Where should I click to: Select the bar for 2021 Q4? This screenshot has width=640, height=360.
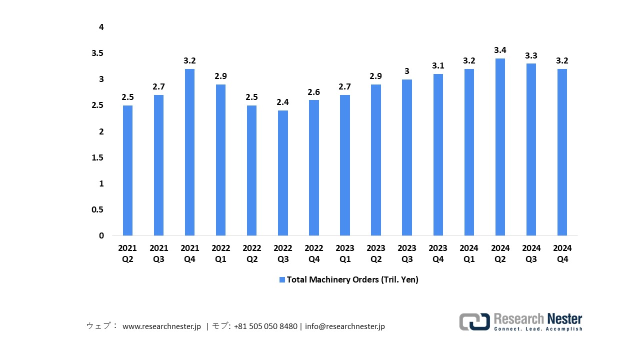point(189,152)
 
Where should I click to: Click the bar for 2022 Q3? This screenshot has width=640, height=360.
point(283,173)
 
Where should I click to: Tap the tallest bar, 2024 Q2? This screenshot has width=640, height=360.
point(500,147)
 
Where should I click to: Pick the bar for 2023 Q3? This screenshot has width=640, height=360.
point(407,157)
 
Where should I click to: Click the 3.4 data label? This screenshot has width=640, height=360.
point(500,50)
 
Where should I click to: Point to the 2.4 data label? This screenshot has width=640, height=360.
point(283,102)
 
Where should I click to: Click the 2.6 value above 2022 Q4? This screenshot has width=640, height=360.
point(314,91)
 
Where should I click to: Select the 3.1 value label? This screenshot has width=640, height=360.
point(438,65)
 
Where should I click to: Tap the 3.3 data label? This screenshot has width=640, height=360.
point(531,55)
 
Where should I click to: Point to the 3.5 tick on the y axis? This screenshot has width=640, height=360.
point(97,53)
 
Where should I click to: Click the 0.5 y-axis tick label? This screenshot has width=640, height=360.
point(97,210)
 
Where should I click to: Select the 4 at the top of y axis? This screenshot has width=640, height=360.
point(101,27)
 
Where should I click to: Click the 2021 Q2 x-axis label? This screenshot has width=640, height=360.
point(127,253)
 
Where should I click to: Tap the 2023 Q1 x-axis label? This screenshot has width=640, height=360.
point(345,253)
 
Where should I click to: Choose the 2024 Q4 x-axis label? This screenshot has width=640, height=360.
point(562,253)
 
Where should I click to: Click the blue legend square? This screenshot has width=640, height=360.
point(282,280)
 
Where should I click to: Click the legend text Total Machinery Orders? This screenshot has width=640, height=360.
point(352,280)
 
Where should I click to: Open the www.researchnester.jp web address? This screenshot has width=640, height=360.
point(161,326)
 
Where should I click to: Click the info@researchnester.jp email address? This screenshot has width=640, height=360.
point(344,326)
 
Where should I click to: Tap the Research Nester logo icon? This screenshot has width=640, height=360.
point(474,321)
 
